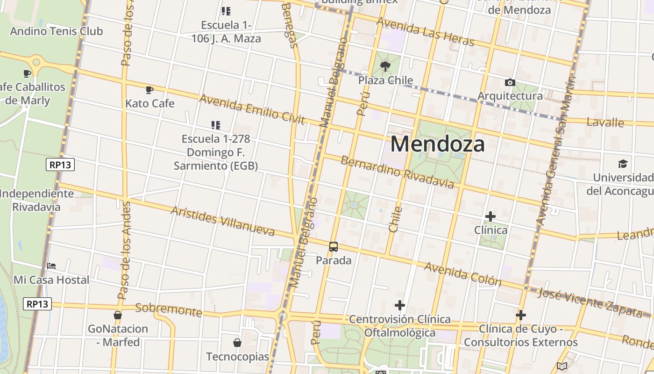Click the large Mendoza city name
point(438,144)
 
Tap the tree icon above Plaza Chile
point(385,66)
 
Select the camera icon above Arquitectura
point(510,83)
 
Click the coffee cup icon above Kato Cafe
point(149,90)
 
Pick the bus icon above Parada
point(334,247)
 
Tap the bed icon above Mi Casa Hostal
point(51,266)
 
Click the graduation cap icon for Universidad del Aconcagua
point(623,164)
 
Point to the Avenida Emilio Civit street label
point(252,109)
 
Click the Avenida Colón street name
point(462,273)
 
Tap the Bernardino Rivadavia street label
point(397,172)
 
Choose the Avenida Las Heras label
point(425,31)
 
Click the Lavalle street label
point(605,122)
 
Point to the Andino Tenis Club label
point(56,31)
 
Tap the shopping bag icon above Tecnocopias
point(237,343)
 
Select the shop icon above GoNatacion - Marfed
point(118,315)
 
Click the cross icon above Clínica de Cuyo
point(521,315)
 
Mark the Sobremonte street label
point(168,309)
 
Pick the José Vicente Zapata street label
point(590,302)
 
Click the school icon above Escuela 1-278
point(215,125)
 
